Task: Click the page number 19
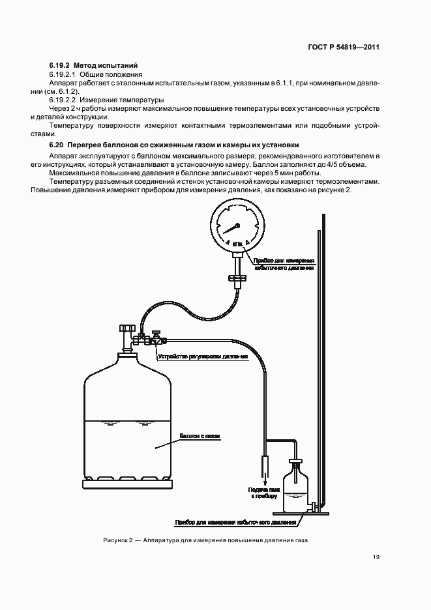point(376,557)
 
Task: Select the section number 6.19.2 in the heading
point(59,66)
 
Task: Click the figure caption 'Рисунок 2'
point(117,540)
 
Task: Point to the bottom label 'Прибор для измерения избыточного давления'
point(235,522)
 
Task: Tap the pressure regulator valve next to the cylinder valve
point(156,340)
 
